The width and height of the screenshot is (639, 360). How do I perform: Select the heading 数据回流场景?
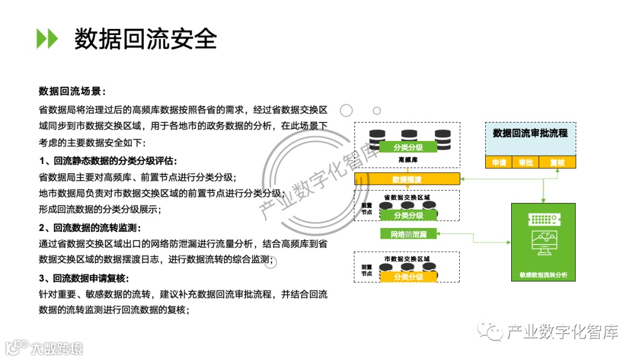(72, 91)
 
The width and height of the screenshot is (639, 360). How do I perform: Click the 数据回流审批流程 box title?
(530, 133)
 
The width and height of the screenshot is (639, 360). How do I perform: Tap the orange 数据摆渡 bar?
(407, 179)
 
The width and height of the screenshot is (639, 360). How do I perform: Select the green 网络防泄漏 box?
(408, 234)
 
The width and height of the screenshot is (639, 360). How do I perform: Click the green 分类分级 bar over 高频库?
(408, 147)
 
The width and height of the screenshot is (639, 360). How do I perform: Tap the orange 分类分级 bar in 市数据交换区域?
(408, 277)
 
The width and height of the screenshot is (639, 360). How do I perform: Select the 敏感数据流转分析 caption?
(543, 276)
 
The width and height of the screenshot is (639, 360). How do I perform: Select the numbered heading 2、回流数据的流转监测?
(90, 227)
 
